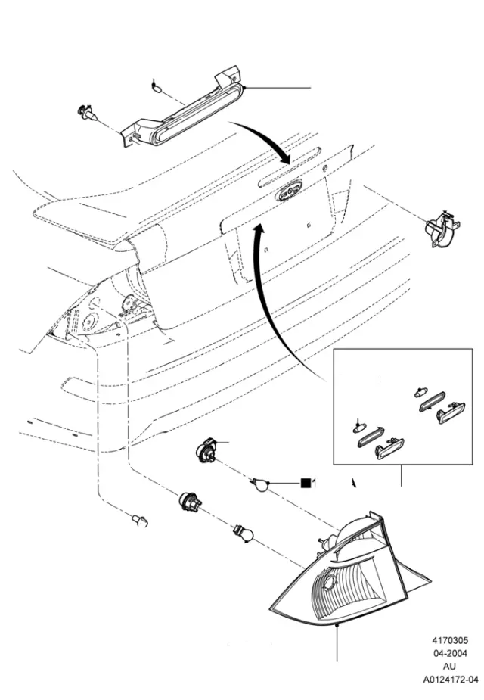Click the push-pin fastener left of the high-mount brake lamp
(88, 113)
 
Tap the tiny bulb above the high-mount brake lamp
(156, 86)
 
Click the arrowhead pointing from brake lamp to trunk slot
(284, 157)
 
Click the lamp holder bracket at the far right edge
(442, 229)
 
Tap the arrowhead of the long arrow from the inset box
(259, 229)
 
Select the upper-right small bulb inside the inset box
(418, 394)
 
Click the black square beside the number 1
(306, 483)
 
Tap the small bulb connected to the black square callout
(259, 484)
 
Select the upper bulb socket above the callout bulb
(206, 448)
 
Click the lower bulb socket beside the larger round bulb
(190, 502)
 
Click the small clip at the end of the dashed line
(141, 520)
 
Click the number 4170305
(450, 641)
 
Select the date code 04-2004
(451, 654)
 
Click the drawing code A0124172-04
(451, 680)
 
